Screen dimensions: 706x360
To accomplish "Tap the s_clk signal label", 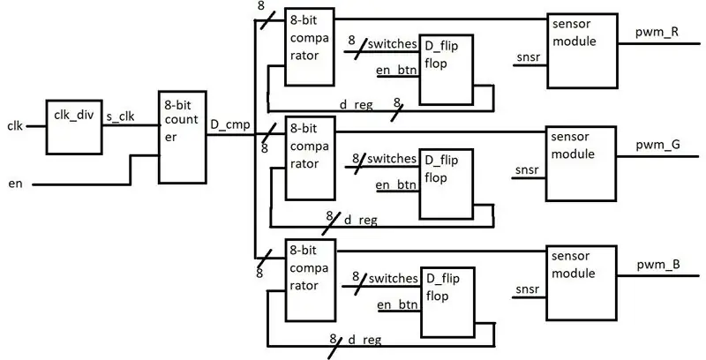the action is (x=120, y=116).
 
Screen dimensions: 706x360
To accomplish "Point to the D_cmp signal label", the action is (x=230, y=124).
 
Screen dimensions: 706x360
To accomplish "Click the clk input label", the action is (x=15, y=126).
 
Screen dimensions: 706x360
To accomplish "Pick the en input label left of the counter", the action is (x=15, y=184).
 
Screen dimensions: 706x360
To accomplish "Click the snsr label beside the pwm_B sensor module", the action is (x=528, y=289).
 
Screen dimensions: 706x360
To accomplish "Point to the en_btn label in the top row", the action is (x=396, y=71).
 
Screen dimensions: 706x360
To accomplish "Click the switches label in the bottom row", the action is (x=393, y=279).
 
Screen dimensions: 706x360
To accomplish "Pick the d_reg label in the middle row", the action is (x=361, y=221).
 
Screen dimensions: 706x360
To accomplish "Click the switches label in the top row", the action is (x=393, y=44).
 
